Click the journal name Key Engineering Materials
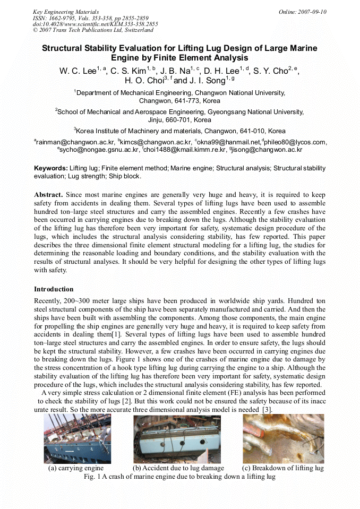pyautogui.click(x=65, y=11)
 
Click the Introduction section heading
pyautogui.click(x=54, y=289)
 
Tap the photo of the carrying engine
pyautogui.click(x=78, y=438)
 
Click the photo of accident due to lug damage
pyautogui.click(x=177, y=438)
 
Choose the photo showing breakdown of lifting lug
pyautogui.click(x=283, y=438)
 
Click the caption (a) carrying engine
pyautogui.click(x=76, y=469)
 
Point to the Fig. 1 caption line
pyautogui.click(x=179, y=477)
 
